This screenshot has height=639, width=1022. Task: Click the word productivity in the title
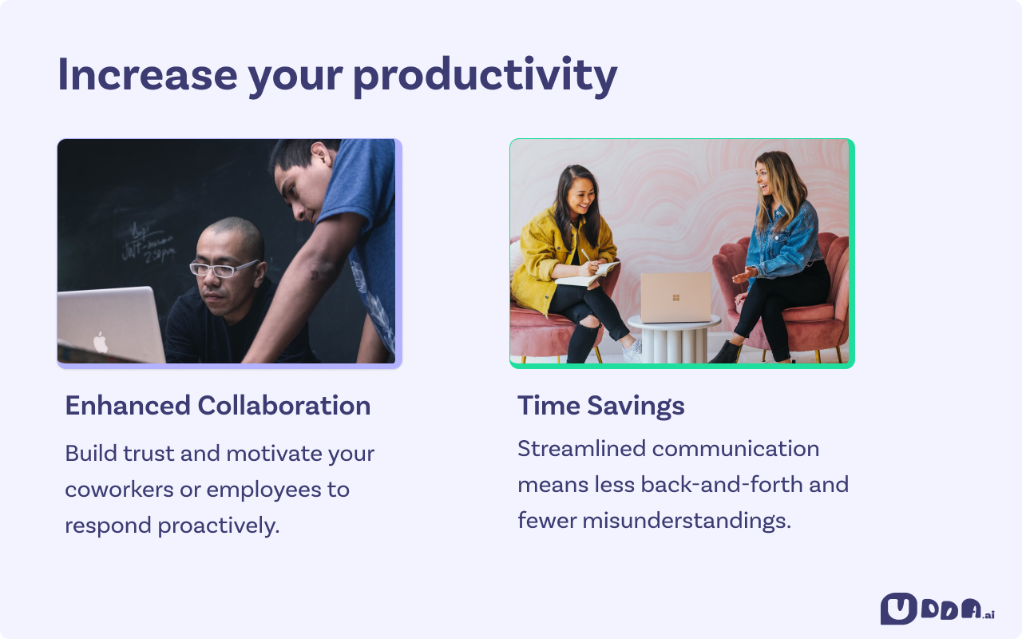[485, 77]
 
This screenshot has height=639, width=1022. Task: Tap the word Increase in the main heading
[148, 75]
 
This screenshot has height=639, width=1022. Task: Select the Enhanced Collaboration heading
[218, 405]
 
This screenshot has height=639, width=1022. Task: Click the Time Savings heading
[601, 407]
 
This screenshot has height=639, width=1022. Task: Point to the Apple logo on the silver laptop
[101, 343]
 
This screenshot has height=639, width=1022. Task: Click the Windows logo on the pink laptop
[675, 298]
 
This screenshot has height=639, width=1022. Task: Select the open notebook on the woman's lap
[587, 275]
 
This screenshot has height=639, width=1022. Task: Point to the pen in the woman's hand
[585, 255]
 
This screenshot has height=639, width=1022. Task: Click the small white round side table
[674, 339]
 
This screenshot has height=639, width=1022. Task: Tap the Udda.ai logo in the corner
[937, 609]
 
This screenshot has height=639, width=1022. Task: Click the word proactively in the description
[218, 526]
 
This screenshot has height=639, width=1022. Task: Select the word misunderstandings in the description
[686, 520]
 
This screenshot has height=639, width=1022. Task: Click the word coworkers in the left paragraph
[119, 490]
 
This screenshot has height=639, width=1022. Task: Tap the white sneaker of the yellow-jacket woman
[632, 351]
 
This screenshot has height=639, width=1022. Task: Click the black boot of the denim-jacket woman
[726, 352]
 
